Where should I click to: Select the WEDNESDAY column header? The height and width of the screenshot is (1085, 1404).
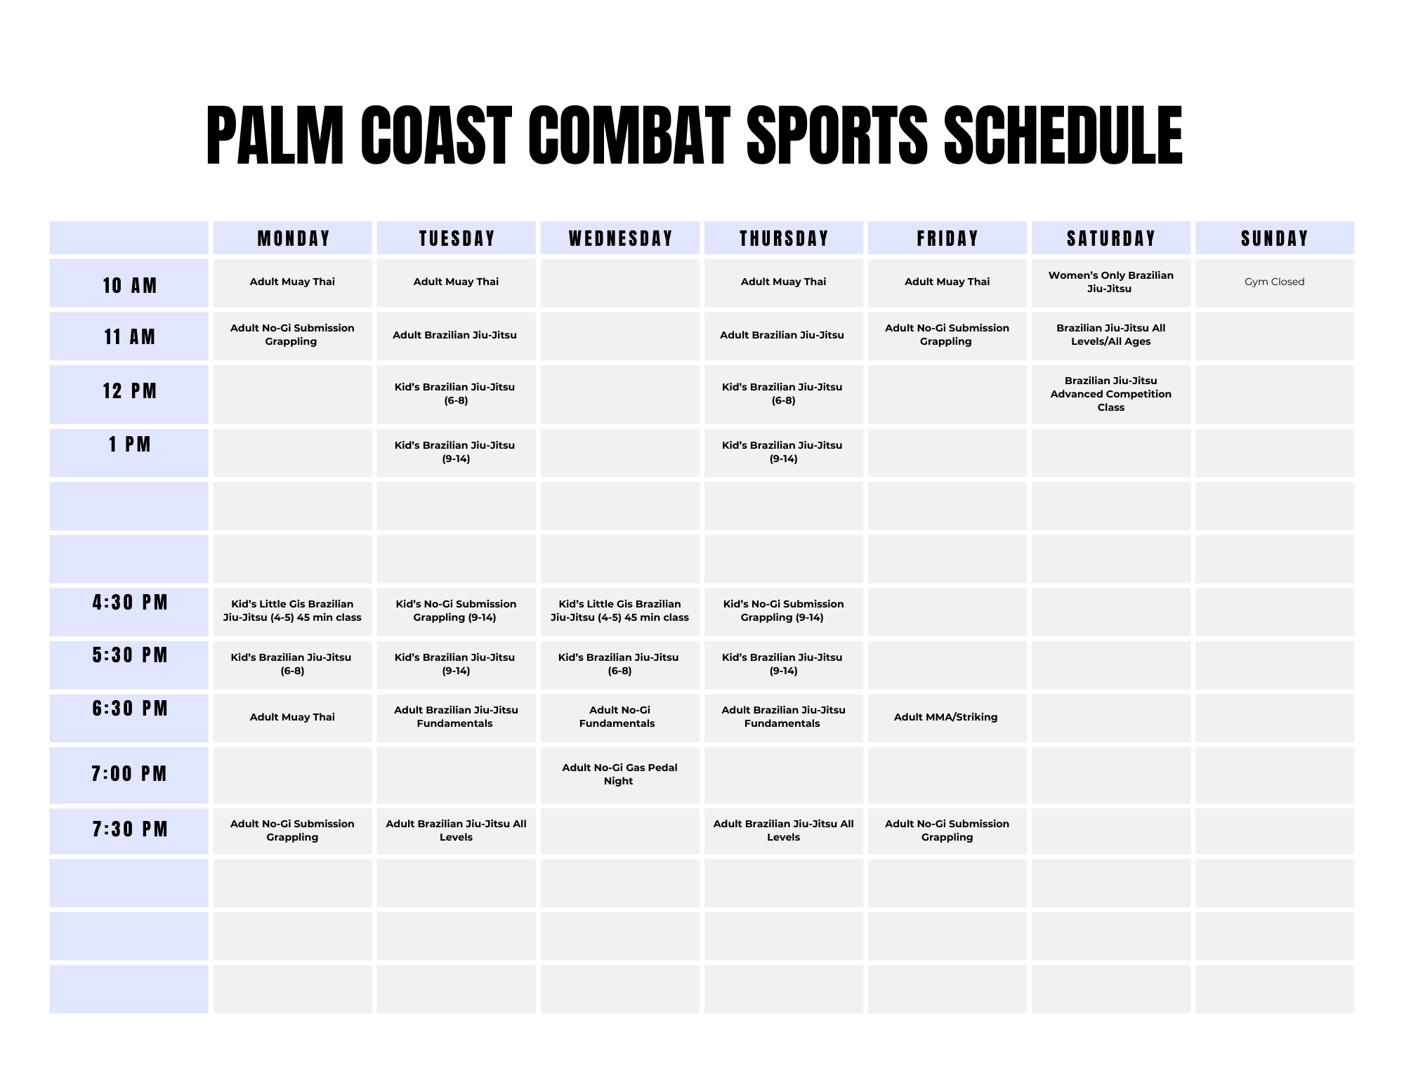[x=621, y=239]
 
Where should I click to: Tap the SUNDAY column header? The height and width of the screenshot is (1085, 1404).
[x=1275, y=239]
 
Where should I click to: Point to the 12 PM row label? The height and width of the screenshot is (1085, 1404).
[x=130, y=391]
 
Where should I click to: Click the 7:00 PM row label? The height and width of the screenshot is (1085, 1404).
[x=130, y=774]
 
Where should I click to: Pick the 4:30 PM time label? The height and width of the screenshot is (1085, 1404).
[x=130, y=603]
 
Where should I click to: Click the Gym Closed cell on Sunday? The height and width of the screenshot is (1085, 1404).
[x=1275, y=282]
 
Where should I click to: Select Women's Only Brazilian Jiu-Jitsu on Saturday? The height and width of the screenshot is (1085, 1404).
[x=1111, y=282]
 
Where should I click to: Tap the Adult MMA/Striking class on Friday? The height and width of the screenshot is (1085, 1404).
[x=946, y=717]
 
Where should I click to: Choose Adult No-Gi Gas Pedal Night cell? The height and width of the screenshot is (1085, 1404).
[x=619, y=774]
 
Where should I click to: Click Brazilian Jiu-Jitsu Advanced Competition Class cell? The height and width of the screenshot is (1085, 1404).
[x=1111, y=394]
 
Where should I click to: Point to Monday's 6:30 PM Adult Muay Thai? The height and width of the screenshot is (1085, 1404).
[x=292, y=717]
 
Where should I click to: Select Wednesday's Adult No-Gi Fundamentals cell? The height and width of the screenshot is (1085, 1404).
[x=617, y=717]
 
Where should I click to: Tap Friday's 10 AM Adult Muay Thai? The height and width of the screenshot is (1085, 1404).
[x=947, y=282]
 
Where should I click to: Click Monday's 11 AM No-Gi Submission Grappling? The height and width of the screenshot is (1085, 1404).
[x=292, y=335]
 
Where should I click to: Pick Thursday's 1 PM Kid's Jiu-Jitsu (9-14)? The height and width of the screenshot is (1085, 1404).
[x=782, y=452]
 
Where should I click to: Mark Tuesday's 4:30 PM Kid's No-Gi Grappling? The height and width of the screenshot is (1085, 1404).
[x=456, y=611]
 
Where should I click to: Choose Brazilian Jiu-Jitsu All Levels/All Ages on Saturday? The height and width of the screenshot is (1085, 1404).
[x=1111, y=335]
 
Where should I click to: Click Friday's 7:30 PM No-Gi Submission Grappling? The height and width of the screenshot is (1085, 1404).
[x=947, y=831]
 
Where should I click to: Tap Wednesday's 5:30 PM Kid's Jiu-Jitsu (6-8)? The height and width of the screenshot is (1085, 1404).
[x=619, y=664]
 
